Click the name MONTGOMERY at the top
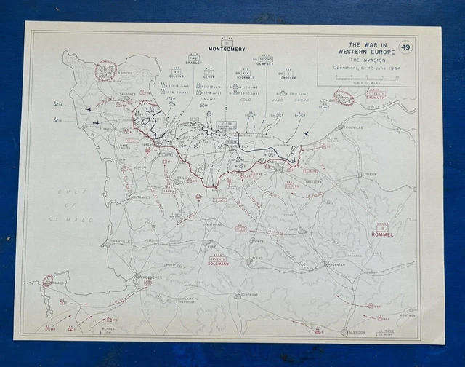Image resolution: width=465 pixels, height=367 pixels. click(x=227, y=49)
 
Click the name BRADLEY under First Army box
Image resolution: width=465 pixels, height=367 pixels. click(x=194, y=63)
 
